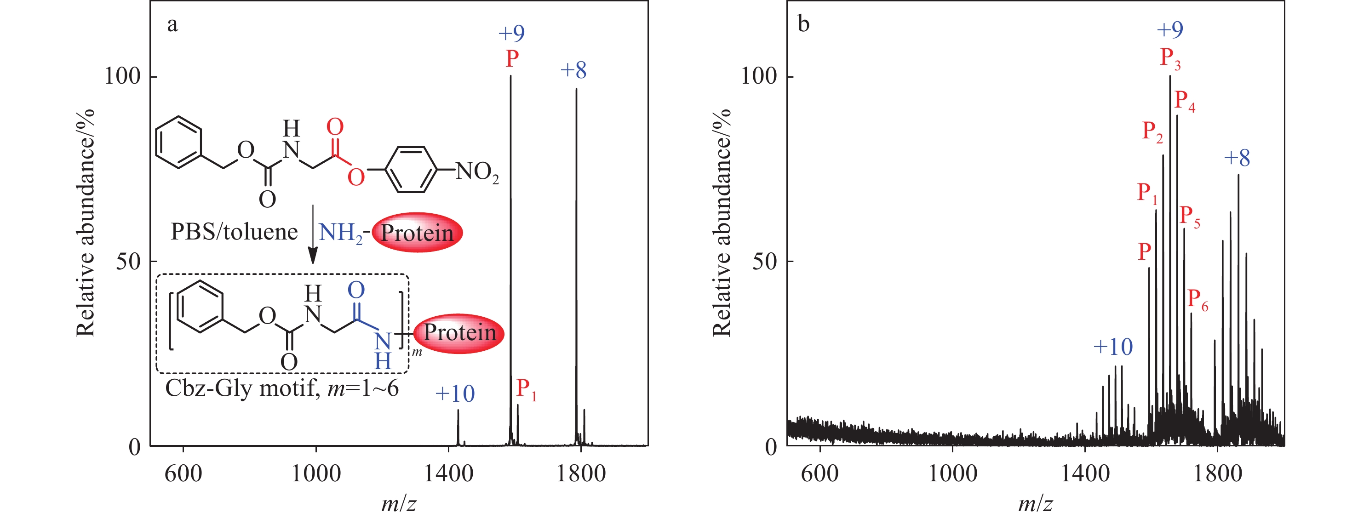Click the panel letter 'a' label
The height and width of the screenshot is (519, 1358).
point(172,25)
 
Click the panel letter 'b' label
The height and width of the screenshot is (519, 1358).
point(803,24)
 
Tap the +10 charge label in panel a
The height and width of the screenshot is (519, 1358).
point(455,394)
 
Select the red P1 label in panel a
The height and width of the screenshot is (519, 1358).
point(526,390)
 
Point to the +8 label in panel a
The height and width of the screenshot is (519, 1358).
point(573,70)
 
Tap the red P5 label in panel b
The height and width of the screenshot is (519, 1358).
point(1190,217)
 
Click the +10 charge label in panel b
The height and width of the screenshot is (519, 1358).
point(1113,347)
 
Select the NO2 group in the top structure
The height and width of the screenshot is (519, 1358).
point(477,172)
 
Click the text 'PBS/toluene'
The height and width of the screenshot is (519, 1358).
point(234,232)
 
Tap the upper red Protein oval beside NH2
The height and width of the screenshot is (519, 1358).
point(417,232)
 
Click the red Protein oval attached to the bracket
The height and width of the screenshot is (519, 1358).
point(459,333)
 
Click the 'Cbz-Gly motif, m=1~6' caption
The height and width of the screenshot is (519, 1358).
point(282,389)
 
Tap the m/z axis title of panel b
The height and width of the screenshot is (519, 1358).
point(1035,504)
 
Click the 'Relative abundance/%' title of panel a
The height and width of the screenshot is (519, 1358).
point(86,222)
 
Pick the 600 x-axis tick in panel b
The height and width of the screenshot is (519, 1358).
point(820,473)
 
